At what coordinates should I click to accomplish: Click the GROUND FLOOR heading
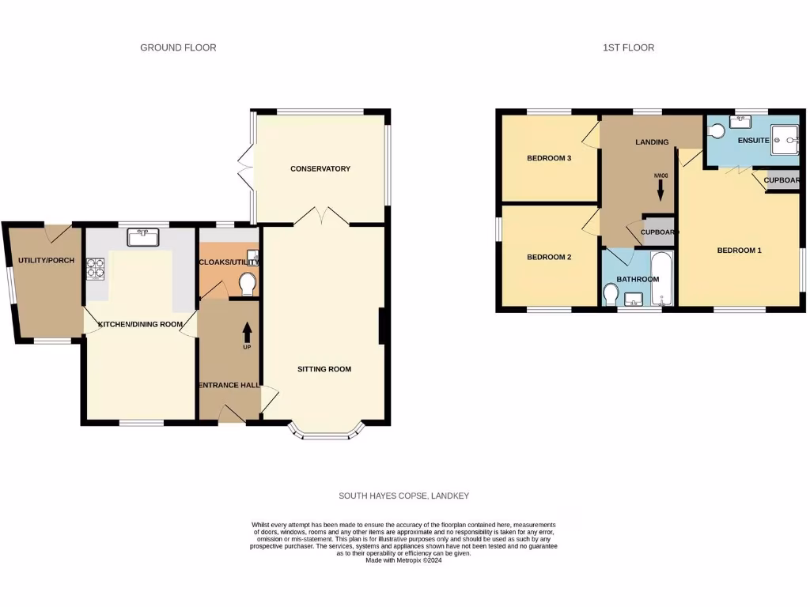(x=178, y=47)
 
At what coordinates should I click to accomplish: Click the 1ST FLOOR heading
(x=628, y=47)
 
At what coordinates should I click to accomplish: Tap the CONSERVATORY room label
(x=320, y=168)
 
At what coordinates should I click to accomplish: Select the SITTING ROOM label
(x=324, y=369)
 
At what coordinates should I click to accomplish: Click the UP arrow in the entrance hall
(x=247, y=335)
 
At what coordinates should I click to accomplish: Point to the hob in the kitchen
(x=96, y=269)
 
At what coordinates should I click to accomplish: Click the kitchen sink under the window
(x=143, y=236)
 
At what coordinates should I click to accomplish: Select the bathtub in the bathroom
(x=661, y=278)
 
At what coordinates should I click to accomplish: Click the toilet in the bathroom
(x=611, y=294)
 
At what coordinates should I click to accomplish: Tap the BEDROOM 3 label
(x=549, y=158)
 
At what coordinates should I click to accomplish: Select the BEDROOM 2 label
(x=549, y=257)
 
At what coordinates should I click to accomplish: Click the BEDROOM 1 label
(x=739, y=251)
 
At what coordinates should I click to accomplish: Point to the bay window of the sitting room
(x=326, y=433)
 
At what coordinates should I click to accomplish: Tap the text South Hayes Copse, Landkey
(x=404, y=496)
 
